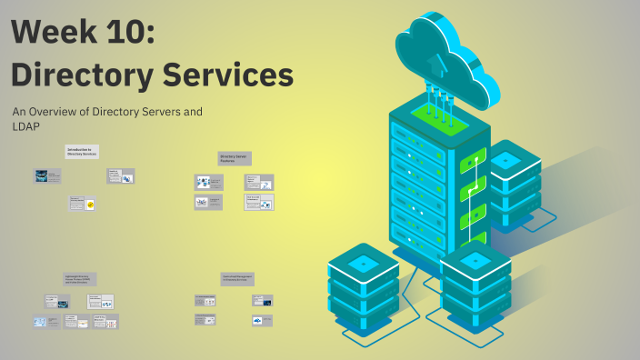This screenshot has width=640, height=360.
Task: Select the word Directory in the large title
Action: (x=83, y=75)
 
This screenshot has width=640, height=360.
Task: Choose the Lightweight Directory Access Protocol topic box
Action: (x=80, y=279)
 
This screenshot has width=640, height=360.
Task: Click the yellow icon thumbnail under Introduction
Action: (x=90, y=205)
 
